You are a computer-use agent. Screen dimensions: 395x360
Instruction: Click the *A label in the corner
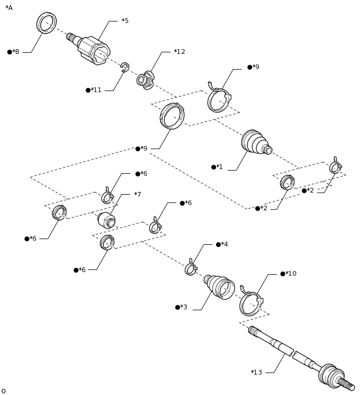click(9, 8)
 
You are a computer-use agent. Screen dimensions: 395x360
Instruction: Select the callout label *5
click(125, 21)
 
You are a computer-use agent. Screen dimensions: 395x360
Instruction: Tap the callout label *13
click(256, 373)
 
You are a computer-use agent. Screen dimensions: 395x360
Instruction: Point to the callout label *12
click(179, 52)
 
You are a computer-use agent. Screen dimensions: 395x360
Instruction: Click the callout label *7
click(138, 195)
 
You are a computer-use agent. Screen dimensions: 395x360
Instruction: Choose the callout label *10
click(291, 274)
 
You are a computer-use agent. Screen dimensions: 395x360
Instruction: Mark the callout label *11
click(96, 90)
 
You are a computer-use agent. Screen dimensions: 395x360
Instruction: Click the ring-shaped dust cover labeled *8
click(47, 23)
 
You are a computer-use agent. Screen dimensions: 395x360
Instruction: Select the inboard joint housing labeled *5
click(94, 50)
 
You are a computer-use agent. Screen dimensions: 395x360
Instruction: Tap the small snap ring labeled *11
click(125, 67)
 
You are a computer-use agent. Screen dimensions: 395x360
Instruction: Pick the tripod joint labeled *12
click(146, 80)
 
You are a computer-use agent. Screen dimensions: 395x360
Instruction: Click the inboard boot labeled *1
click(255, 142)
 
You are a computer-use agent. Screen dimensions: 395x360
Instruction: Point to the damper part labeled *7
click(106, 220)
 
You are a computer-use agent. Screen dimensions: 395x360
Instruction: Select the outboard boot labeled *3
click(220, 287)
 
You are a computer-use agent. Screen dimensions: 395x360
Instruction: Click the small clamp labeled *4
click(190, 269)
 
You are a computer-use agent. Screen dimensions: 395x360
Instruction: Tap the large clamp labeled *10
click(251, 303)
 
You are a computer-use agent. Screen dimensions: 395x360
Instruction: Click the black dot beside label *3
click(177, 307)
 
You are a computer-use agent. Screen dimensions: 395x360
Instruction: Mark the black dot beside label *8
click(9, 52)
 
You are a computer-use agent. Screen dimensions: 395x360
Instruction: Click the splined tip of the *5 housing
click(70, 37)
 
